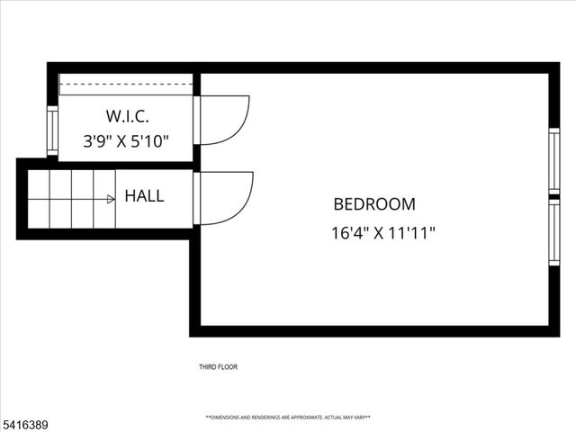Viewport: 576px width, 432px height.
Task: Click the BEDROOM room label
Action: (x=374, y=204)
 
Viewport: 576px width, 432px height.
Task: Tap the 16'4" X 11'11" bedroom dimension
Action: (x=383, y=233)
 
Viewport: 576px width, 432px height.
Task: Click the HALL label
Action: (x=144, y=196)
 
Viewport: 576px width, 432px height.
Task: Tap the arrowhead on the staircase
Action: (x=111, y=199)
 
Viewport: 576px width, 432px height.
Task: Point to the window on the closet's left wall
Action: (x=52, y=130)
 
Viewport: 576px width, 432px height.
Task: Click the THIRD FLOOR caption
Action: (x=218, y=367)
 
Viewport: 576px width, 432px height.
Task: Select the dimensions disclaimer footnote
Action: (x=288, y=418)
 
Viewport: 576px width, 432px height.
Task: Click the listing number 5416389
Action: (x=24, y=420)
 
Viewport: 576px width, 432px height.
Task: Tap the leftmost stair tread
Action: (x=38, y=199)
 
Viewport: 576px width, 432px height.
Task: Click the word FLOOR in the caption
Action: (x=228, y=367)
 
